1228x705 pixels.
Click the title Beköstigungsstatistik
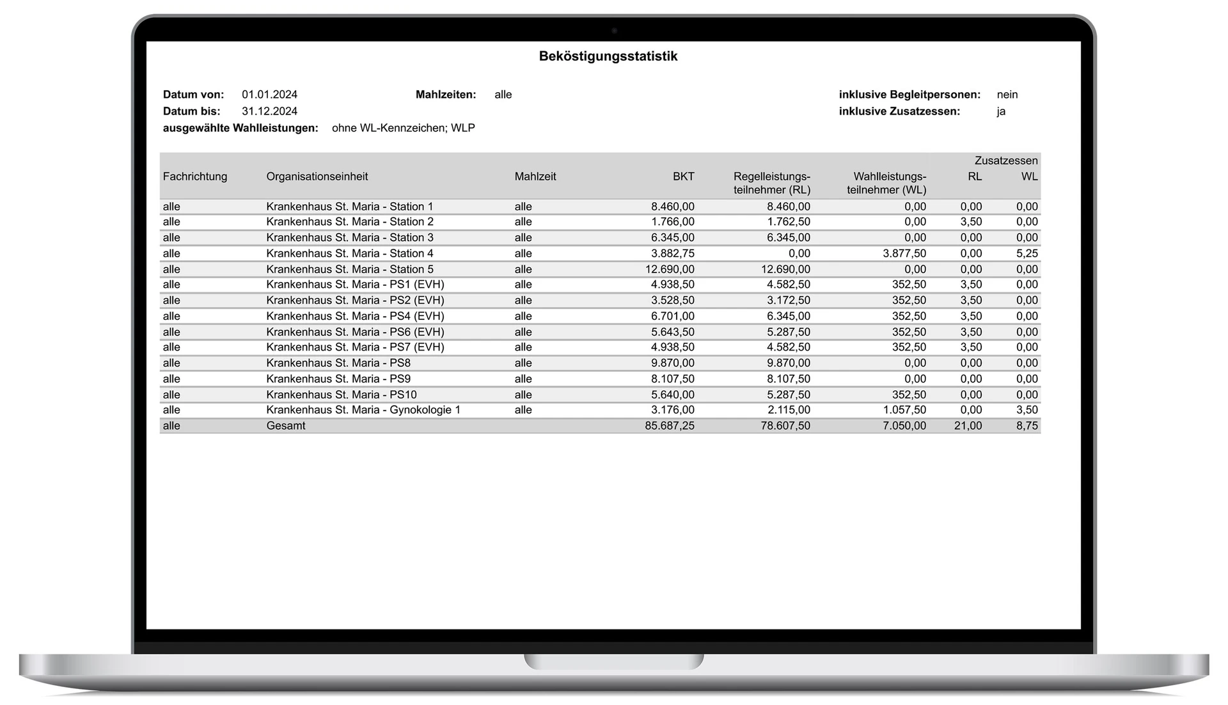click(x=608, y=56)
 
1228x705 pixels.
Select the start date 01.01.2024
click(x=269, y=95)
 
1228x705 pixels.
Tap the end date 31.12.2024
click(x=269, y=111)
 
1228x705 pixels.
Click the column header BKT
click(x=683, y=177)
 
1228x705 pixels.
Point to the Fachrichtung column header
click(x=195, y=177)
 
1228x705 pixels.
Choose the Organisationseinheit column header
click(x=317, y=177)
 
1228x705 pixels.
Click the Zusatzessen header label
click(x=1005, y=161)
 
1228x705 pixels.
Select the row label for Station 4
click(x=349, y=253)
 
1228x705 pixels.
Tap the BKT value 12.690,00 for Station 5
click(x=669, y=269)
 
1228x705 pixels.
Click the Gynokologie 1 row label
click(x=363, y=410)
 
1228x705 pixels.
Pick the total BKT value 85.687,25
click(x=669, y=426)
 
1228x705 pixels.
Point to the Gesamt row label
click(x=286, y=426)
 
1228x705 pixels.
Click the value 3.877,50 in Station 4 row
click(x=904, y=253)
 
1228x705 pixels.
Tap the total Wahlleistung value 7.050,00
click(x=904, y=426)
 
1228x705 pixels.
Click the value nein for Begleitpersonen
click(x=1007, y=95)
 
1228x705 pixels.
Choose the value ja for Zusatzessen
click(x=1001, y=111)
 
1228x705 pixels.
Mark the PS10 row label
click(x=342, y=395)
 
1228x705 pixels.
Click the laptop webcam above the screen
click(x=614, y=31)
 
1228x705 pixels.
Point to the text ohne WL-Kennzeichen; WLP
click(x=403, y=128)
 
